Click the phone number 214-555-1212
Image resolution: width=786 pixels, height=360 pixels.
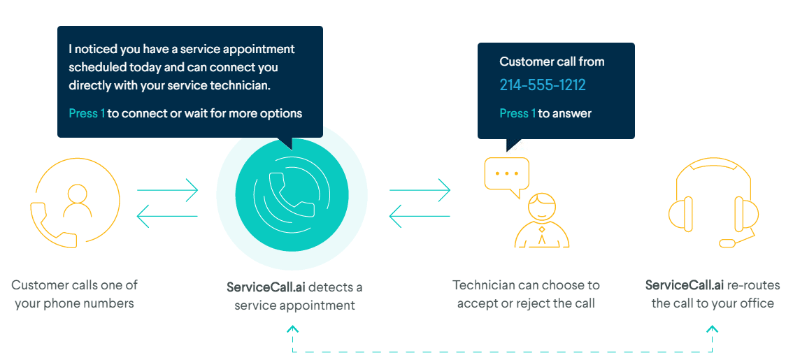click(x=542, y=85)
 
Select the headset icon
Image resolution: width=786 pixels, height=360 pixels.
click(x=713, y=203)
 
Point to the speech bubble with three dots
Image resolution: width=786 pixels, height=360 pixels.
click(x=507, y=175)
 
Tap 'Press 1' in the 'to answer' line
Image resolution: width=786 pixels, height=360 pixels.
click(x=517, y=113)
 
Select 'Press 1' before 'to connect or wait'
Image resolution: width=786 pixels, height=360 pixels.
click(x=87, y=113)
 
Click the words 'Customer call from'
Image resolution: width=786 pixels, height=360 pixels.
click(x=552, y=62)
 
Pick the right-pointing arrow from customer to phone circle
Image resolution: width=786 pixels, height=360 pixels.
click(x=167, y=189)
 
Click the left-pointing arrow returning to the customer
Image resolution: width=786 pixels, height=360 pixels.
click(x=167, y=216)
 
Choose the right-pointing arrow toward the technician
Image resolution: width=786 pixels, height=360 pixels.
click(x=420, y=189)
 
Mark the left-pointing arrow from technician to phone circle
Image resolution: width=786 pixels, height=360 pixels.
click(x=420, y=216)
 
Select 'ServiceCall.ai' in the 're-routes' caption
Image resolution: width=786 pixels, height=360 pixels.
click(x=685, y=285)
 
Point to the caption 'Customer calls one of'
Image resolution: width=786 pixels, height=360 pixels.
click(x=74, y=285)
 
